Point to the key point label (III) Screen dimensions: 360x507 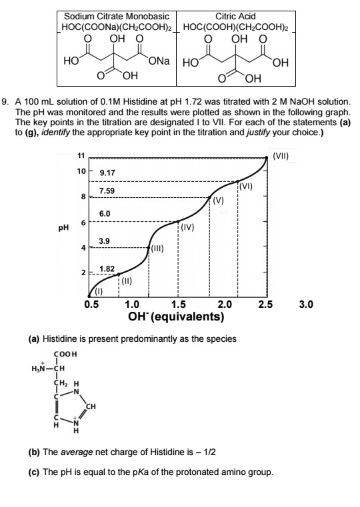[157, 249]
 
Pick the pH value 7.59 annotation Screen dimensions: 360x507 [107, 191]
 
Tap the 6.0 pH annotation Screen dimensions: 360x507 [105, 213]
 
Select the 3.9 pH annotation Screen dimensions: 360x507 [104, 240]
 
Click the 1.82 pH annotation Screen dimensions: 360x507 [107, 268]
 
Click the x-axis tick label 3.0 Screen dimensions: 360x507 [306, 305]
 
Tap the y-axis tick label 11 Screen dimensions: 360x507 [81, 156]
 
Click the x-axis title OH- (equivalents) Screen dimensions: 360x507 [180, 316]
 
